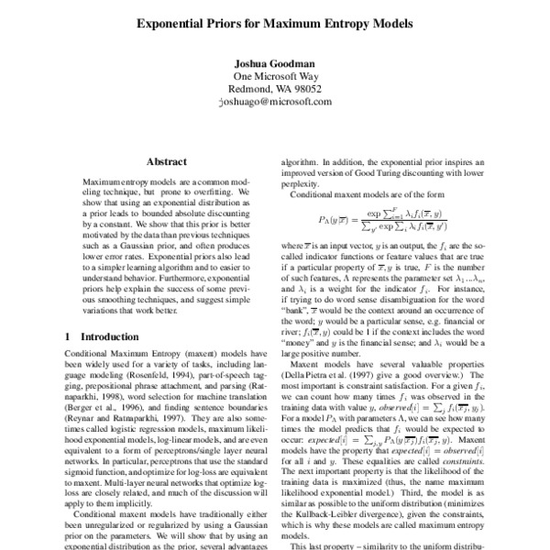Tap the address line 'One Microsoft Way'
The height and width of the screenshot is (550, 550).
pyautogui.click(x=274, y=77)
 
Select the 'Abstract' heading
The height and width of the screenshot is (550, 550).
pyautogui.click(x=166, y=160)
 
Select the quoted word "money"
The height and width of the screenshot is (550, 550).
pyautogui.click(x=303, y=342)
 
